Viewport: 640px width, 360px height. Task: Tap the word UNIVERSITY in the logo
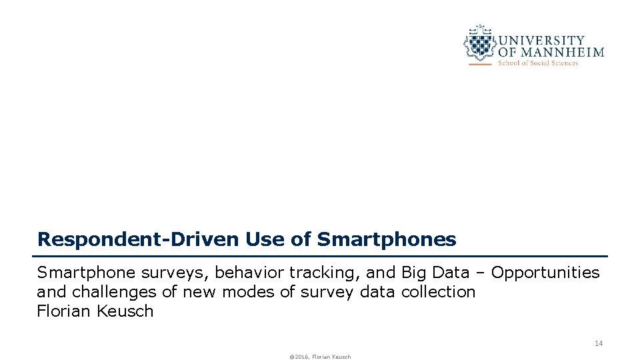pyautogui.click(x=541, y=41)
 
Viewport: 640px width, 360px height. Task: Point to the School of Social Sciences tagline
pyautogui.click(x=538, y=63)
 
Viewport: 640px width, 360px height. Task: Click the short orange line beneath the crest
pyautogui.click(x=480, y=64)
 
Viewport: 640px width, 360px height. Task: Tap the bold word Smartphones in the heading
pyautogui.click(x=387, y=239)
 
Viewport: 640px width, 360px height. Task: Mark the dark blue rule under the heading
pyautogui.click(x=320, y=256)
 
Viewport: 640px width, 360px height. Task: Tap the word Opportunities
pyautogui.click(x=545, y=273)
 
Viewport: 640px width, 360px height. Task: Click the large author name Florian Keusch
pyautogui.click(x=95, y=311)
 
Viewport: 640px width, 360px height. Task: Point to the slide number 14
pyautogui.click(x=598, y=343)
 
